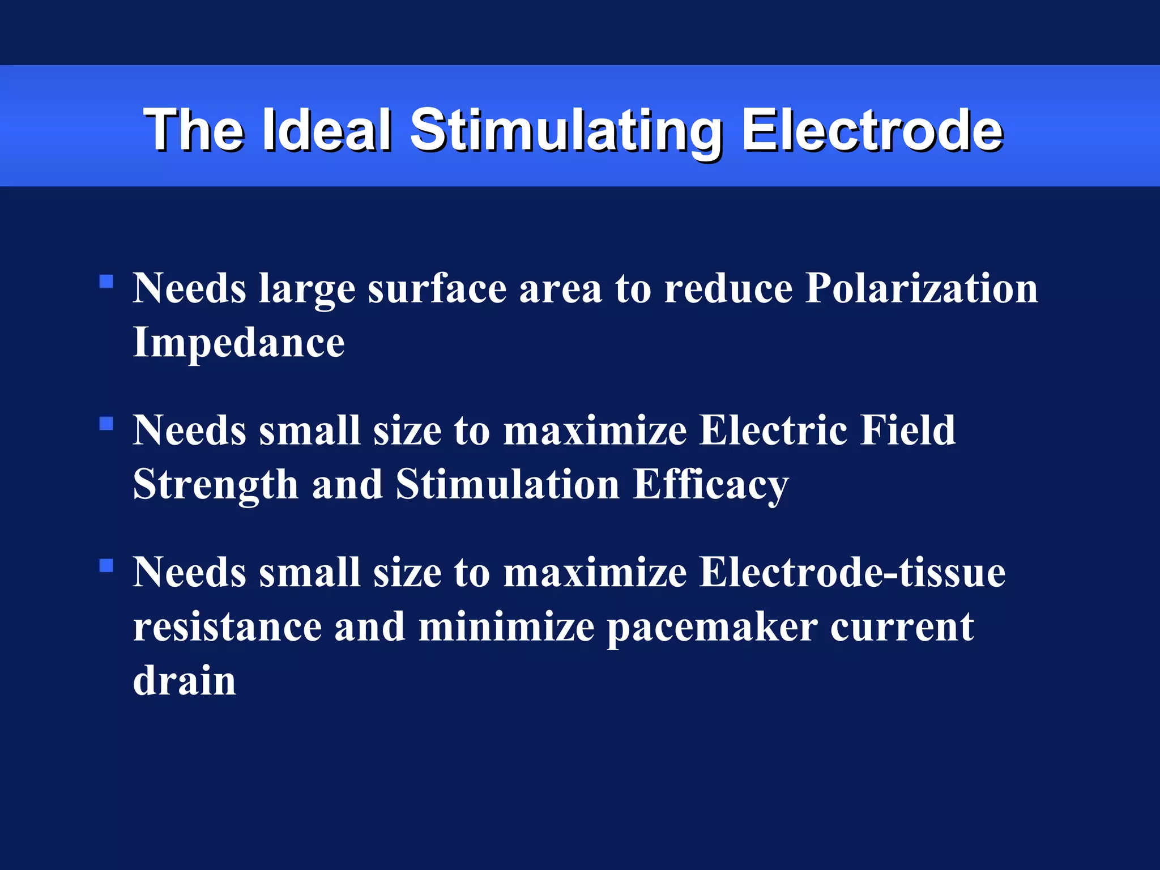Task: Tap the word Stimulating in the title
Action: (566, 131)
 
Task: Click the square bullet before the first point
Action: (106, 282)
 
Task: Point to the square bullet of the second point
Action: (106, 424)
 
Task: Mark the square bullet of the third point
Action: (106, 565)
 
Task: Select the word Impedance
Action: (238, 343)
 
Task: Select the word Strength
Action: (216, 485)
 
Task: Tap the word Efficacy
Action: (710, 485)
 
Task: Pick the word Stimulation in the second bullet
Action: (507, 485)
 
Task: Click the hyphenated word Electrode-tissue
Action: (852, 572)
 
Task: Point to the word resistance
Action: (227, 627)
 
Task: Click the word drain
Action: (184, 680)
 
